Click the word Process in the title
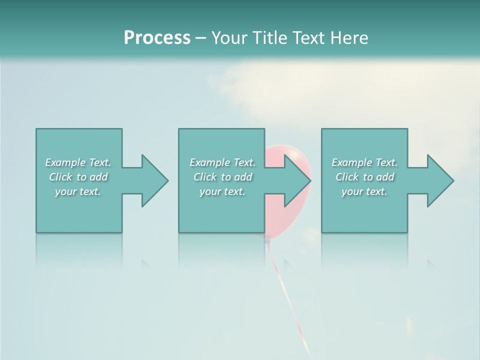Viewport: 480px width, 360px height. [157, 38]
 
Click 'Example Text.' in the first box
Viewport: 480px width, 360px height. [78, 162]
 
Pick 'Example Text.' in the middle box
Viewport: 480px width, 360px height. [222, 162]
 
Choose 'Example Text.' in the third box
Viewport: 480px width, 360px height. [364, 162]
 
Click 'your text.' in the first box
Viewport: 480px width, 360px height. [78, 191]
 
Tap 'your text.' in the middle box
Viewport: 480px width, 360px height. [222, 191]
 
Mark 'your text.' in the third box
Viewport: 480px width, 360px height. [364, 191]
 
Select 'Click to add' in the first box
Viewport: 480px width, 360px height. [78, 177]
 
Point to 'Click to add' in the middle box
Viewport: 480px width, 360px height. [223, 177]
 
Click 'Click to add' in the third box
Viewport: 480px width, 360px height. [365, 177]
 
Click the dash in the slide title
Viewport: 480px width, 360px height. [200, 38]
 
